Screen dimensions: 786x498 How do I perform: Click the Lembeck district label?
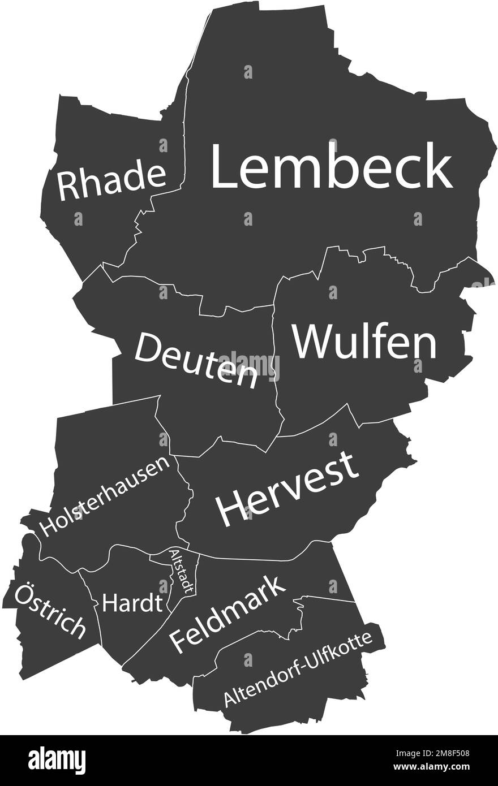(x=332, y=166)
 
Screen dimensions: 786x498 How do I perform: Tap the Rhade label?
(x=111, y=180)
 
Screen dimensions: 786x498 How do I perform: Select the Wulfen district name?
(x=364, y=341)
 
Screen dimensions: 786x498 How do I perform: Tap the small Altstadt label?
(x=182, y=571)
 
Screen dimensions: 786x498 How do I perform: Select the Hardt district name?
(x=132, y=603)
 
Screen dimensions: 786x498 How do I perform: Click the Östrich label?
(x=50, y=611)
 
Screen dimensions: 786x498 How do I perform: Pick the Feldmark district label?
(x=227, y=614)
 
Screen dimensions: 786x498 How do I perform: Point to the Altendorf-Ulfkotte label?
(x=298, y=669)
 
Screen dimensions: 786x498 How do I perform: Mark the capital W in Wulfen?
(x=310, y=341)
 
